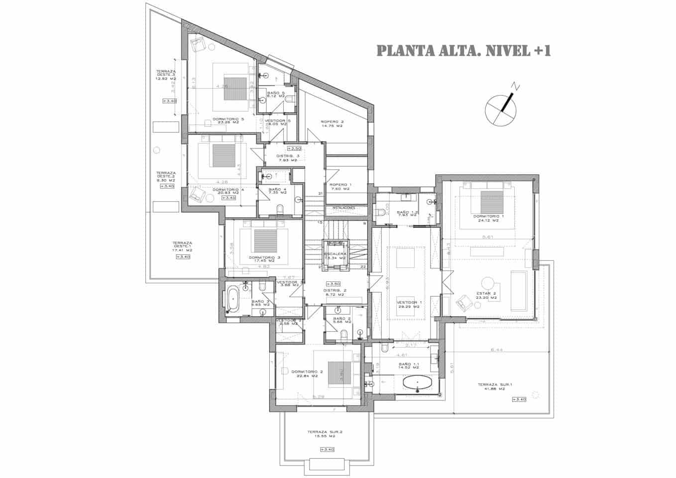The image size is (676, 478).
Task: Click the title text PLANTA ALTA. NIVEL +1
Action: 463,51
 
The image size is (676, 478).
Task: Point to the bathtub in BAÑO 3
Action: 233,299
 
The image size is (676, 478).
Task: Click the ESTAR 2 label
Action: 486,295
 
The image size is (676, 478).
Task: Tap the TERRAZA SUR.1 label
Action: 491,386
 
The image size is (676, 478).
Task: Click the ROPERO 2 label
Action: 332,123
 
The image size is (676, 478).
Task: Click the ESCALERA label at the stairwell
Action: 336,255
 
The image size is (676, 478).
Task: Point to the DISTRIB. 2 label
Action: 335,292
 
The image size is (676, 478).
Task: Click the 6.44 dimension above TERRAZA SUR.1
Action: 496,350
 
